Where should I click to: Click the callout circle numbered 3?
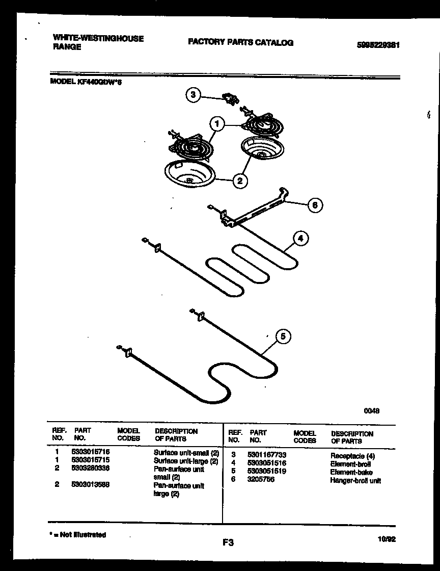[x=193, y=95]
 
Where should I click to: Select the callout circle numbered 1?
[x=217, y=124]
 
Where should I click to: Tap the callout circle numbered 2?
[x=240, y=180]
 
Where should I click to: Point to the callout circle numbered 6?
[x=315, y=205]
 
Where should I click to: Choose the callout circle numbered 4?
[x=300, y=238]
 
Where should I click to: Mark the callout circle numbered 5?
[x=283, y=336]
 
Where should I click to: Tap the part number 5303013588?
[x=91, y=485]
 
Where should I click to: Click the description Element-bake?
[x=351, y=472]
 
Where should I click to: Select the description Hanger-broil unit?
[x=355, y=481]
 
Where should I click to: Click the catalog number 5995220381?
[x=378, y=44]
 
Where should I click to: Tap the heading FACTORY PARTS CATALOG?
[x=240, y=42]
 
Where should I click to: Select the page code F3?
[x=228, y=543]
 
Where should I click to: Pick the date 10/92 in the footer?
[x=387, y=538]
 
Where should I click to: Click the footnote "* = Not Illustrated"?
[x=78, y=535]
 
